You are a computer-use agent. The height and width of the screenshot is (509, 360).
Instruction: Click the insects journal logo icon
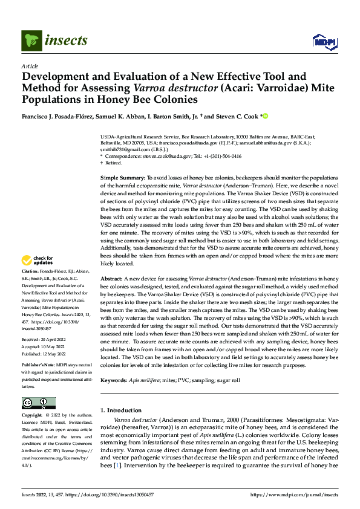coord(31,41)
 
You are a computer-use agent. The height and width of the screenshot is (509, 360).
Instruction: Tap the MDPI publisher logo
coord(324,41)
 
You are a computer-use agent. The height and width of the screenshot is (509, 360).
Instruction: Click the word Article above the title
coord(30,66)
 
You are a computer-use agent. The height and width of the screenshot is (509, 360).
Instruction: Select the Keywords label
coord(114,380)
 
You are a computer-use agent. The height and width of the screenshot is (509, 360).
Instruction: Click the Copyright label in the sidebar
coord(32,416)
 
